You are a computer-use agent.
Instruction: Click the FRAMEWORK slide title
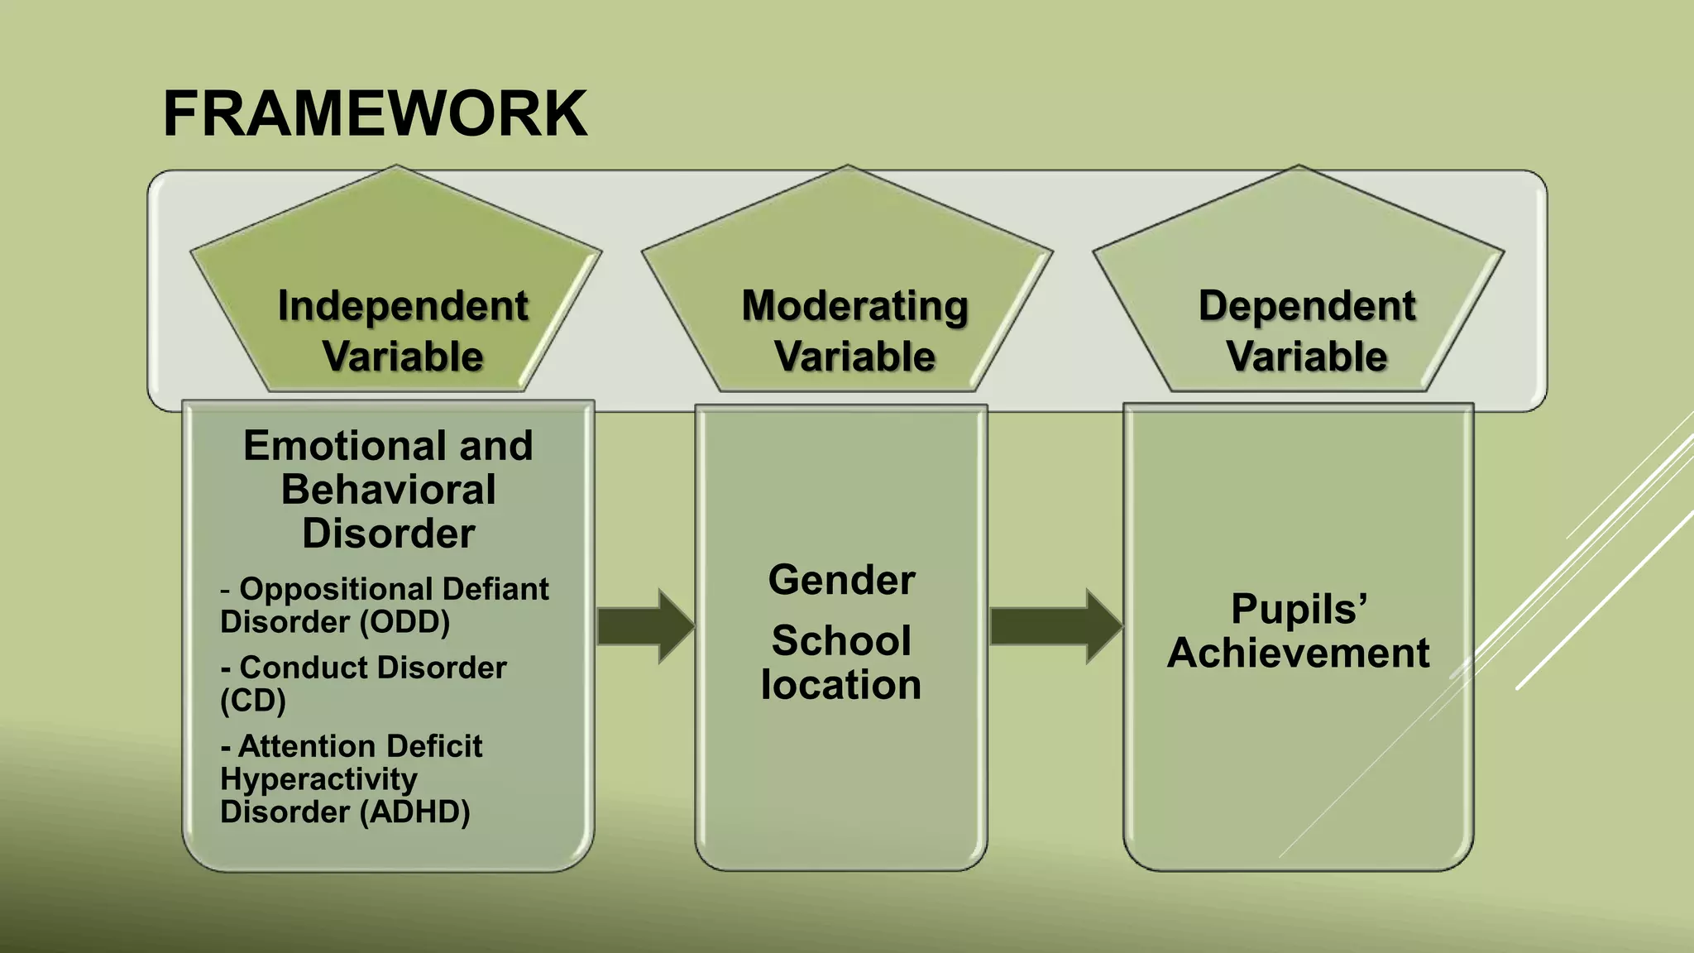click(x=375, y=114)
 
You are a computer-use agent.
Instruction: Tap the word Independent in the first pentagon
click(x=403, y=306)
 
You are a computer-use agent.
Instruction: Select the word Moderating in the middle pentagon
click(x=854, y=306)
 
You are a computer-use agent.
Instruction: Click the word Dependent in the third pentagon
click(x=1307, y=306)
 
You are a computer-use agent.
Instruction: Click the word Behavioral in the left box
click(x=388, y=490)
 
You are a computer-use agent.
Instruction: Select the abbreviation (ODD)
click(x=404, y=622)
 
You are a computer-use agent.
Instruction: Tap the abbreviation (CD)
click(x=253, y=701)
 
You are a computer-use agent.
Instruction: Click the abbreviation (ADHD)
click(x=414, y=812)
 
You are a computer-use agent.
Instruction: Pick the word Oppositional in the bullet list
click(x=337, y=589)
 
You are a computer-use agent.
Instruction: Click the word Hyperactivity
click(x=318, y=779)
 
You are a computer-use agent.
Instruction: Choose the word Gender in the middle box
click(x=841, y=580)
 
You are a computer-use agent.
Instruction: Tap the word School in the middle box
click(x=841, y=641)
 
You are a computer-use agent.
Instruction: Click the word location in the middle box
click(x=841, y=685)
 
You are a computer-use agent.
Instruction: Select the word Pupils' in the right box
click(x=1299, y=610)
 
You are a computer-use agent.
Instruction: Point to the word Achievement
click(x=1299, y=654)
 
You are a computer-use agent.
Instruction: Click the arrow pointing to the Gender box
click(x=644, y=626)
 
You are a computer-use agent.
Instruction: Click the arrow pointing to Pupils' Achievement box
click(x=1055, y=626)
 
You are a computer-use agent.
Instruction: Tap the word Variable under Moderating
click(x=854, y=357)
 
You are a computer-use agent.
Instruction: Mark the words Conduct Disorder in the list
click(x=372, y=668)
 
